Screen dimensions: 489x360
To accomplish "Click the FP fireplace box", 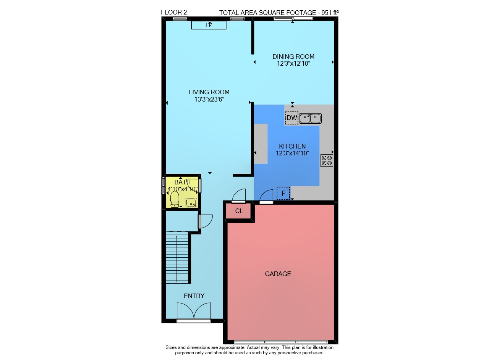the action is [x=209, y=25].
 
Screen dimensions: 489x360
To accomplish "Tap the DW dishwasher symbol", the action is [x=291, y=118].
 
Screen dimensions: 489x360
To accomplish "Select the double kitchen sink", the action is [x=310, y=118].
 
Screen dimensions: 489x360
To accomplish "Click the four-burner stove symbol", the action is [x=327, y=161].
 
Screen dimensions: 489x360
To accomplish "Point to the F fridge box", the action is [x=283, y=193].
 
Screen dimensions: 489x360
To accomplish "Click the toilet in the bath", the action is [x=175, y=199].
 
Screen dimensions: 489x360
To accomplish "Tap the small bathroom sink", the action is [x=191, y=203].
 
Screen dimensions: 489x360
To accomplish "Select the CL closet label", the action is [x=239, y=211].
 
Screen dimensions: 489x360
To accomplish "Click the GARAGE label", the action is [x=278, y=274].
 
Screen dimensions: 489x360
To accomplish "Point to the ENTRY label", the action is [x=194, y=296].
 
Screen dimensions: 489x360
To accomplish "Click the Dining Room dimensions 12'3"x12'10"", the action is [x=294, y=64].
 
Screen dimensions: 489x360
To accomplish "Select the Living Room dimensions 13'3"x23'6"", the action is [x=209, y=100].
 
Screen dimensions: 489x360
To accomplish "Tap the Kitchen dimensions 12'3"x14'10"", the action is [x=293, y=153].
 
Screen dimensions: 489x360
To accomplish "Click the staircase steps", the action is [x=177, y=257].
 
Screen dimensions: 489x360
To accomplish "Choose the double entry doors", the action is [x=194, y=311].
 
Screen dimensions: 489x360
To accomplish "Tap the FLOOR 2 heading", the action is [x=174, y=13].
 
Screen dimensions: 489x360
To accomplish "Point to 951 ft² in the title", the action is [x=330, y=13].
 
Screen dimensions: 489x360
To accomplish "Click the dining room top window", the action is [x=293, y=19].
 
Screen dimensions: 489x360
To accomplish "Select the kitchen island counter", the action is [x=261, y=144].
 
